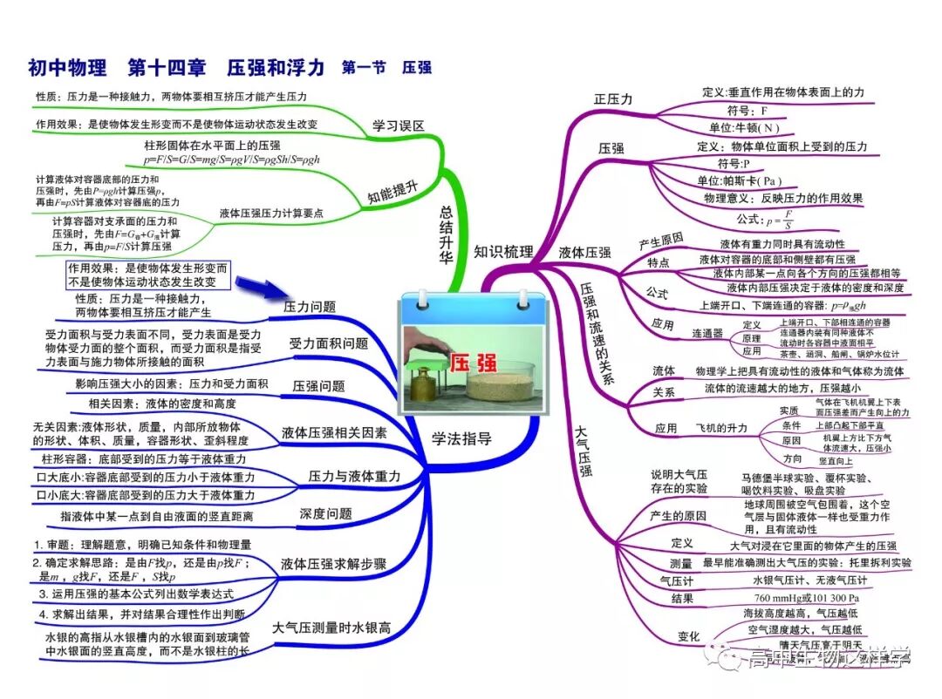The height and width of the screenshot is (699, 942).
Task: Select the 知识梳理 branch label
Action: pos(503,252)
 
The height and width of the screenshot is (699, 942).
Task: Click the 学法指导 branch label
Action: pos(461,438)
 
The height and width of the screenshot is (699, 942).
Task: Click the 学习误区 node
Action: pos(398,126)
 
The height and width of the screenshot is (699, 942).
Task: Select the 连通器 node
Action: pos(707,334)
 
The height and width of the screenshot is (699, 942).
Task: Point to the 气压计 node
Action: pos(677,580)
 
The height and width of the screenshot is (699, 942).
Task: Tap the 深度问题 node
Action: pos(325,513)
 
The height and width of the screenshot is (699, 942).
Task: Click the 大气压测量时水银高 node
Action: pos(331,628)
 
